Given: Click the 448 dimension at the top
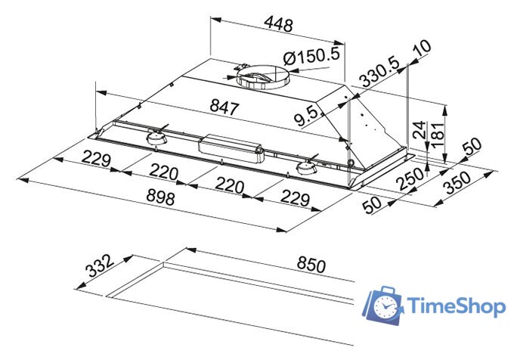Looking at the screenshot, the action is (x=278, y=24).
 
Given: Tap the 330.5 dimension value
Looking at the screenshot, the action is (x=379, y=73).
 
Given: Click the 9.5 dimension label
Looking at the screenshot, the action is (x=306, y=117).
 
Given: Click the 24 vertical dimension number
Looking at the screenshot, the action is (x=420, y=129).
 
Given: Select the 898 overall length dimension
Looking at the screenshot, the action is (x=160, y=197).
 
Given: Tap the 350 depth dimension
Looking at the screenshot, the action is (x=457, y=183).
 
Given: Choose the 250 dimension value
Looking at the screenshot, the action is (x=410, y=178).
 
